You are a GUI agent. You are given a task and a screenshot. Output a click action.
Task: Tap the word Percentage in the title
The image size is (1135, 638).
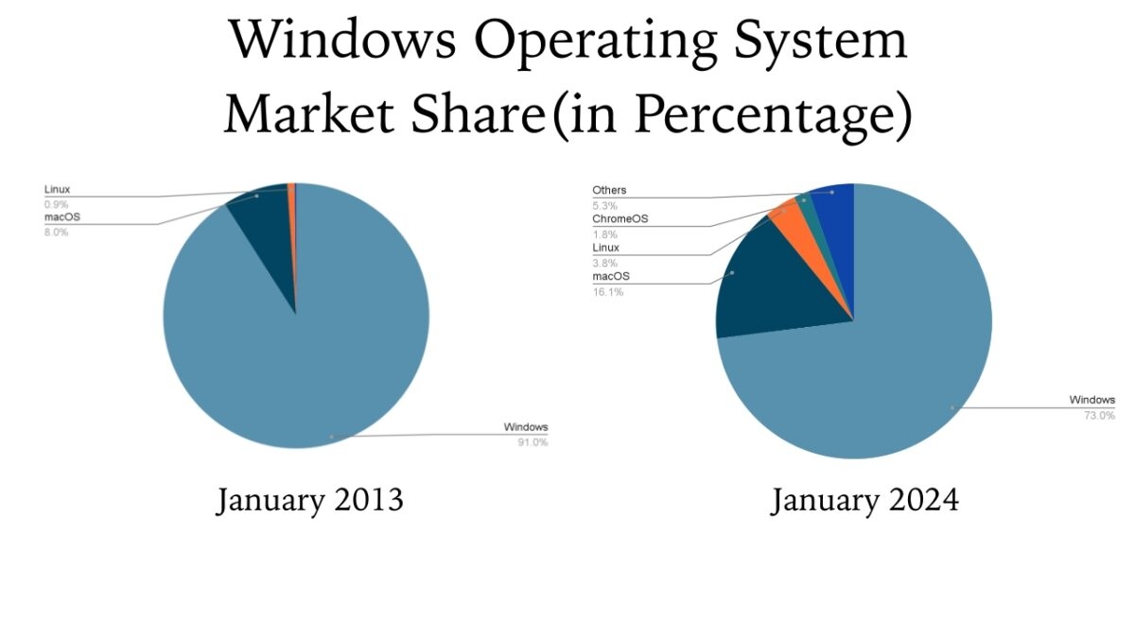click(x=765, y=114)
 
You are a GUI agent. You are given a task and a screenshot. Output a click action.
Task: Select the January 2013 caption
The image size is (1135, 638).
click(x=309, y=499)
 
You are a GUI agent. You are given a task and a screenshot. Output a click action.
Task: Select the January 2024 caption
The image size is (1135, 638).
click(x=864, y=499)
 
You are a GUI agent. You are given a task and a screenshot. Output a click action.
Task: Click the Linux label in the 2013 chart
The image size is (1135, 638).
click(x=57, y=190)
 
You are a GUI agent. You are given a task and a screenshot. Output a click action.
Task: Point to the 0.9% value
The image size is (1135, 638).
click(x=56, y=204)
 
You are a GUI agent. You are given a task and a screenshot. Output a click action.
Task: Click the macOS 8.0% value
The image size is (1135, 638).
click(x=56, y=233)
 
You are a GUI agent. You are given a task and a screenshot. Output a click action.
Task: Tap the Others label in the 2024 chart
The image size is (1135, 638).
click(x=609, y=191)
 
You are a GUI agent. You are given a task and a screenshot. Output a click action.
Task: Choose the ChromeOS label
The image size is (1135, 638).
click(x=620, y=219)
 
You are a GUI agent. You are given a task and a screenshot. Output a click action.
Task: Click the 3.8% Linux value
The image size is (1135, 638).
click(x=604, y=263)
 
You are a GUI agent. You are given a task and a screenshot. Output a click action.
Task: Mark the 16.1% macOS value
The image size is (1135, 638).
click(x=607, y=292)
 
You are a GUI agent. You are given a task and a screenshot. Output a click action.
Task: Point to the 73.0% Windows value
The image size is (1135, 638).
click(x=1100, y=415)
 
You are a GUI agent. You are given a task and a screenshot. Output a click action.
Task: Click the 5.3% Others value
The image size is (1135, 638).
click(x=604, y=205)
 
